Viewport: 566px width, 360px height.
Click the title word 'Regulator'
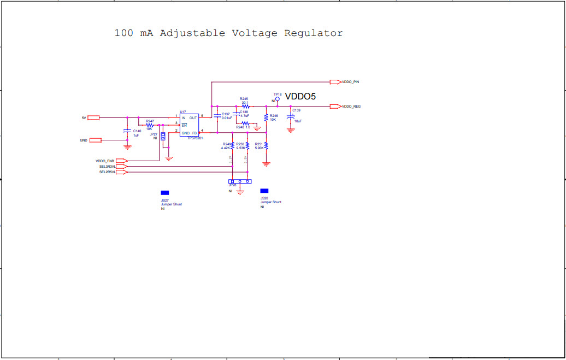pyautogui.click(x=314, y=33)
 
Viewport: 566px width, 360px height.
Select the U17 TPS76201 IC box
pyautogui.click(x=189, y=125)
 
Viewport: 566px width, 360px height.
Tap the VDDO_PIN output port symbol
pyautogui.click(x=335, y=82)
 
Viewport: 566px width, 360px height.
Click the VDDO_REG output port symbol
pyautogui.click(x=335, y=106)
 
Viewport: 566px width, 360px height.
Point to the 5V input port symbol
pyautogui.click(x=93, y=117)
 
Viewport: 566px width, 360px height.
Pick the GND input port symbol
pyautogui.click(x=96, y=140)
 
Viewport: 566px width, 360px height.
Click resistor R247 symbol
pyautogui.click(x=150, y=125)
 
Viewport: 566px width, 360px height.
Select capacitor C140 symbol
pyautogui.click(x=127, y=131)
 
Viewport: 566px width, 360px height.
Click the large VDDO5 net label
pyautogui.click(x=300, y=96)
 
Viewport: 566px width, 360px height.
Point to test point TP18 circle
pyautogui.click(x=278, y=99)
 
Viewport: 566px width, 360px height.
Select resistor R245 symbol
pyautogui.click(x=245, y=106)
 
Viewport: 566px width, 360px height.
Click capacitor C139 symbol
pyautogui.click(x=291, y=116)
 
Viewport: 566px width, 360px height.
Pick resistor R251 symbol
pyautogui.click(x=266, y=145)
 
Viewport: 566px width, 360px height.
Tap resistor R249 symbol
pyautogui.click(x=233, y=146)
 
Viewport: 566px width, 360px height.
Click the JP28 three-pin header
pyautogui.click(x=240, y=181)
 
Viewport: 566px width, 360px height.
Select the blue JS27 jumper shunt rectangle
pyautogui.click(x=164, y=193)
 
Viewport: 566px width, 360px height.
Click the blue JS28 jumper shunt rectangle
pyautogui.click(x=264, y=190)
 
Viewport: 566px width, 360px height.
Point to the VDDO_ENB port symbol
pyautogui.click(x=122, y=161)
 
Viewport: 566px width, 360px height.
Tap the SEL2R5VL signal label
pyautogui.click(x=107, y=172)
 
